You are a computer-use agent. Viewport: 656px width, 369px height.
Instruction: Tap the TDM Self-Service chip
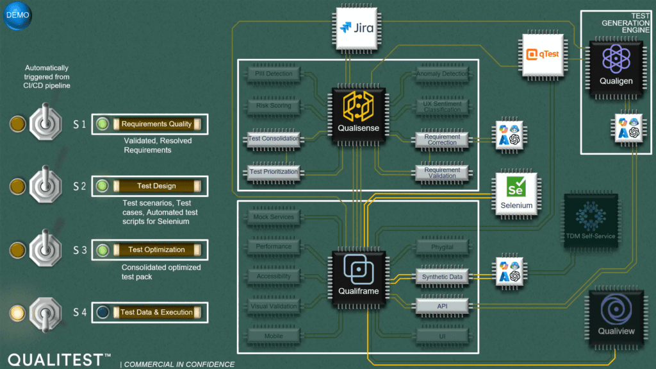tap(590, 221)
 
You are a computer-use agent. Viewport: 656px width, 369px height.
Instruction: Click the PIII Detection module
tap(274, 74)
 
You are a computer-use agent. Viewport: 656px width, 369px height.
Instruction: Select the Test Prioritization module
tap(274, 172)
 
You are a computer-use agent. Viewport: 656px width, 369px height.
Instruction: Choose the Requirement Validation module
tap(442, 172)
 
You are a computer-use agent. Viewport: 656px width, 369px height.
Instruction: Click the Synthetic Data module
tap(442, 277)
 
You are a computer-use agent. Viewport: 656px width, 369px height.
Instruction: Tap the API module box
tap(442, 307)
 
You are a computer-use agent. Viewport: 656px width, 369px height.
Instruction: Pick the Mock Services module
tap(274, 218)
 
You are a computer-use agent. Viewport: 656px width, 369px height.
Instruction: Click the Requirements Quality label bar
tap(157, 124)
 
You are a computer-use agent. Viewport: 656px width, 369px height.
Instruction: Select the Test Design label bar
tap(157, 186)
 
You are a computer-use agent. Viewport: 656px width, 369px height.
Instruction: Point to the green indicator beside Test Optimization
tap(101, 250)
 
